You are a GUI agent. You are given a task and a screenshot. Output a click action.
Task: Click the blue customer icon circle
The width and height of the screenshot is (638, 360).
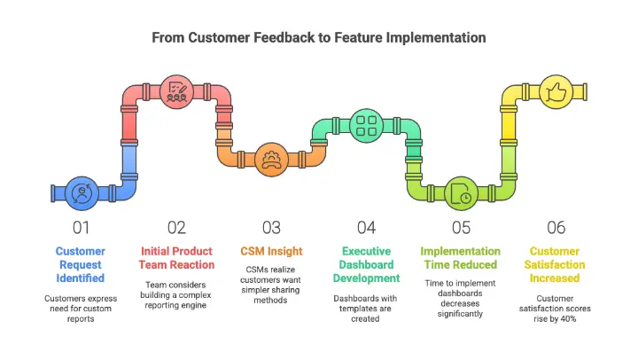[82, 193]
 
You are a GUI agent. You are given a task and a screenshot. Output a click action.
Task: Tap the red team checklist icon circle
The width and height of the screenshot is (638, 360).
[176, 92]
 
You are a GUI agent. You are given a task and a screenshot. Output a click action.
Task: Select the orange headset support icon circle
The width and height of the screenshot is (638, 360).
[271, 160]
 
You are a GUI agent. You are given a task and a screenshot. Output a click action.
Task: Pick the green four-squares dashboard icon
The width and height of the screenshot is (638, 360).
[366, 126]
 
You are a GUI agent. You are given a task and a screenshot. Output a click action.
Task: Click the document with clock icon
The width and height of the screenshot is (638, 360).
[461, 193]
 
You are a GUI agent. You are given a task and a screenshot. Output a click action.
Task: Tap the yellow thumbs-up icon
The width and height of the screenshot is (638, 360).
[556, 92]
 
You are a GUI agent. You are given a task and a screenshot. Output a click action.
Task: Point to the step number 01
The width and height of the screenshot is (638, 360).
[81, 228]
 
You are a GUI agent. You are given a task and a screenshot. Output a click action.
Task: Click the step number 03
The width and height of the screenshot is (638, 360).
[271, 228]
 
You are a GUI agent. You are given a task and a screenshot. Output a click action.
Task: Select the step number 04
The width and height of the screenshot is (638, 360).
[366, 228]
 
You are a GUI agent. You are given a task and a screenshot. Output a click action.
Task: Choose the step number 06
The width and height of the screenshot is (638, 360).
[556, 228]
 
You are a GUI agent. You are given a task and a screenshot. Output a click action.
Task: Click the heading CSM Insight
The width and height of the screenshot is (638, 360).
[271, 251]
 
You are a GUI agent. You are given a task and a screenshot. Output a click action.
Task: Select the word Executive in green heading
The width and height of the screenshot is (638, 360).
[366, 251]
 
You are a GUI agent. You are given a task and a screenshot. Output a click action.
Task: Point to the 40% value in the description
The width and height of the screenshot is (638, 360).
[567, 319]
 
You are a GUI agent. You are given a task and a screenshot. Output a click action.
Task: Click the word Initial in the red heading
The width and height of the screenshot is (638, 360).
[154, 251]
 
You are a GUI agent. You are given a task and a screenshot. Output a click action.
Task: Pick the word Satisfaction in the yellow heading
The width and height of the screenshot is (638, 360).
[555, 265]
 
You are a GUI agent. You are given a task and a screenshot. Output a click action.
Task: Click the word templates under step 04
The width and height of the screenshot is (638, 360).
[365, 309]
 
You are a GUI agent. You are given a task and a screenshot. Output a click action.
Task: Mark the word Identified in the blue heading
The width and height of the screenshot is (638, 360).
[80, 278]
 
